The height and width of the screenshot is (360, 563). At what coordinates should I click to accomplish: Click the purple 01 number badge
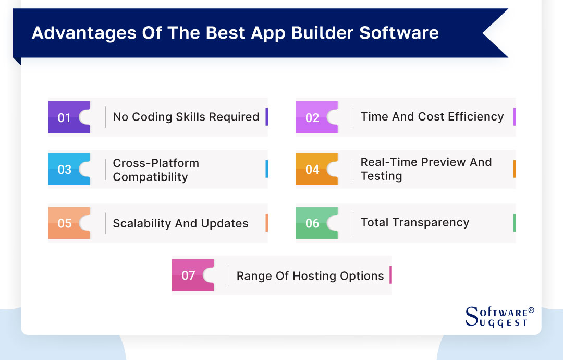(x=64, y=117)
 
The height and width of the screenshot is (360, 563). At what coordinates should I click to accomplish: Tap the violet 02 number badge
(x=312, y=117)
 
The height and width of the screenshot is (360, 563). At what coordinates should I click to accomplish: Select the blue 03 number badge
(x=64, y=170)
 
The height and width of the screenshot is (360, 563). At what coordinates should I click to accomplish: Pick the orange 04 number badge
(x=312, y=170)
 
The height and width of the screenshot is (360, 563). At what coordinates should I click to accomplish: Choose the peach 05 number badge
(x=64, y=223)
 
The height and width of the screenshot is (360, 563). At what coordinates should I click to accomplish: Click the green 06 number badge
(x=312, y=223)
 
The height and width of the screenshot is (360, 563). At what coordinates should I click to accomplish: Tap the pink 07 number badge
(x=188, y=275)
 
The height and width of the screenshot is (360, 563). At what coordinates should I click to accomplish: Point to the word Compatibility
(x=150, y=177)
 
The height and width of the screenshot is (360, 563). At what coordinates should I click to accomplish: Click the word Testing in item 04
(x=381, y=176)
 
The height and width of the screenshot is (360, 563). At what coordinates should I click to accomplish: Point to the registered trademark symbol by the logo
(x=531, y=310)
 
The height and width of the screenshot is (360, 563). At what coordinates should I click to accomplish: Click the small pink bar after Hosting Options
(x=390, y=275)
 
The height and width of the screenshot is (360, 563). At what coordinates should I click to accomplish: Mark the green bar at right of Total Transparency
(x=515, y=223)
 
